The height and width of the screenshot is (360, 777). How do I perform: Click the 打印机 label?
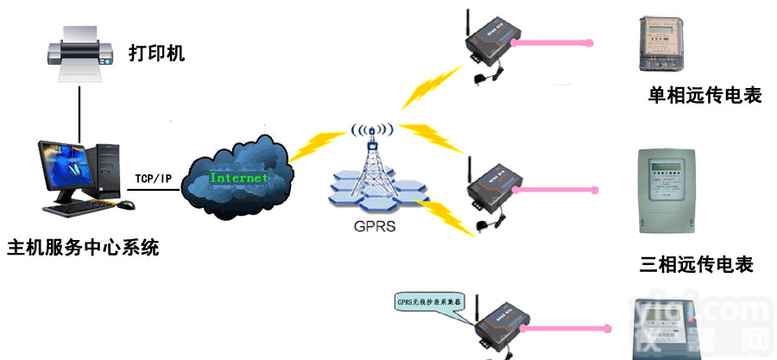(x=157, y=54)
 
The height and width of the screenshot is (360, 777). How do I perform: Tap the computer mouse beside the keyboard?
(x=126, y=205)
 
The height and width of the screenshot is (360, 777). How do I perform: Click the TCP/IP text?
(x=153, y=179)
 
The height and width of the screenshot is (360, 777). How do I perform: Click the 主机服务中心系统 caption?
(x=83, y=249)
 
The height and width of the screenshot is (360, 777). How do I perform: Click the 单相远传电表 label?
(x=704, y=95)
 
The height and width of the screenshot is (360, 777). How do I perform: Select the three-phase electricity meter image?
(x=665, y=190)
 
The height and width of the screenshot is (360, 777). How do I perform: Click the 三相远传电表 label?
(x=697, y=264)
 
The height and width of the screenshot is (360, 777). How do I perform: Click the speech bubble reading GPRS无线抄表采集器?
(x=428, y=302)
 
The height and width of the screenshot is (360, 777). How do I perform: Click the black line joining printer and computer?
(x=79, y=112)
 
